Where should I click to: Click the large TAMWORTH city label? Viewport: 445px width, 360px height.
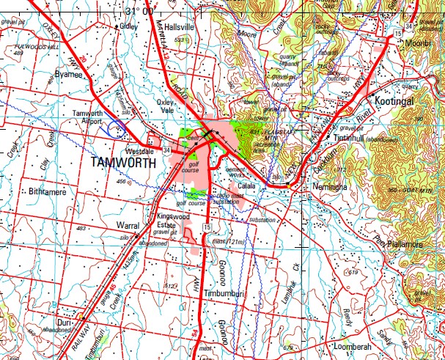pos(123,163)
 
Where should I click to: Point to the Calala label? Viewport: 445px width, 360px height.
pos(246,187)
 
